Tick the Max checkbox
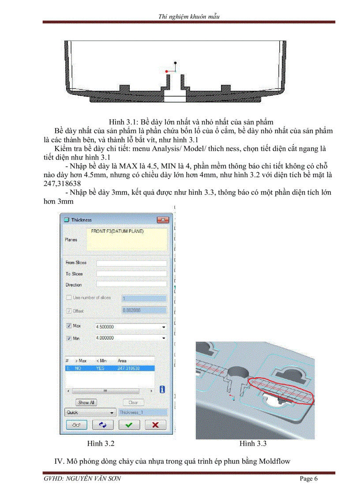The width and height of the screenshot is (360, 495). coord(68,326)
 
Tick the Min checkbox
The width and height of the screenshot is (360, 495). coord(68,338)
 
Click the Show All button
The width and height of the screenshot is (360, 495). coord(86,402)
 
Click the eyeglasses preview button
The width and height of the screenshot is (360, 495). coord(76,424)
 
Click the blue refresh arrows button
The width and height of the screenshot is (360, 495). coord(103,424)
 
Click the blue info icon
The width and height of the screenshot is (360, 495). coord(162,390)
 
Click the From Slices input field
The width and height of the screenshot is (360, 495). coord(131,263)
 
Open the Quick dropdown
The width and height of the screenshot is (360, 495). coord(90,413)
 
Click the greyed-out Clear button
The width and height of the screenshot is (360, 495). coord(133,402)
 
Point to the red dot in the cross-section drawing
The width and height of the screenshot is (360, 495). coord(166,71)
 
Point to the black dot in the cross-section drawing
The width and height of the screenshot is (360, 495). coord(176,63)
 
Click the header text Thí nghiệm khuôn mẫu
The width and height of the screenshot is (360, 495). coord(189,16)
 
